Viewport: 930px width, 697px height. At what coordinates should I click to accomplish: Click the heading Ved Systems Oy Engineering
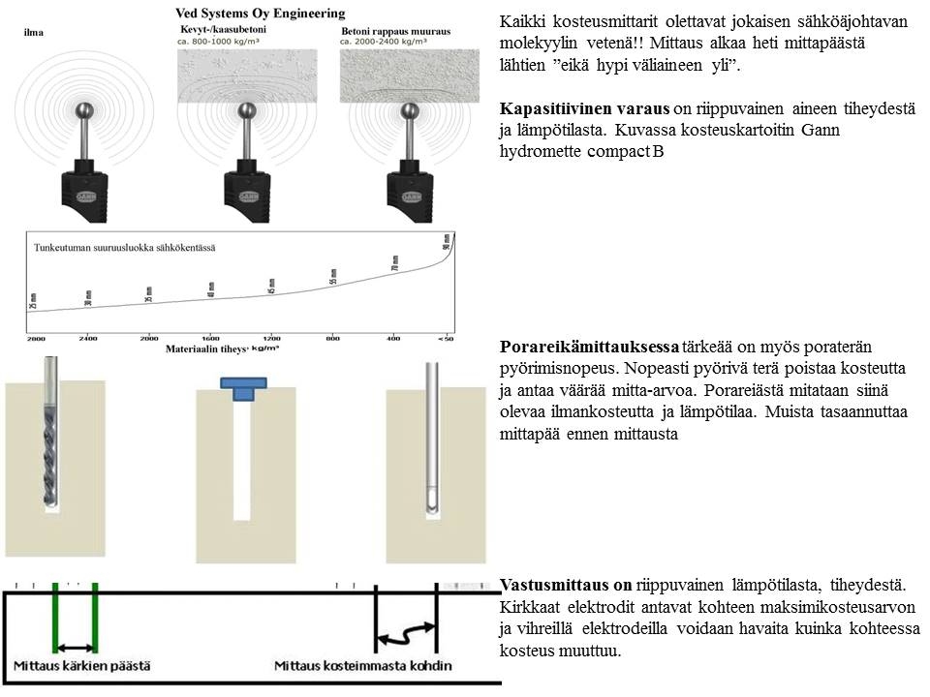pyautogui.click(x=259, y=14)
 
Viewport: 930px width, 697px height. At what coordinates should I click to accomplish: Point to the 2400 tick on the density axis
pyautogui.click(x=88, y=338)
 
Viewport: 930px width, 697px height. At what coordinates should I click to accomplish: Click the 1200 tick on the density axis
pyautogui.click(x=271, y=338)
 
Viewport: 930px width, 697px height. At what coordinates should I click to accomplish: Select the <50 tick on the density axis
pyautogui.click(x=445, y=338)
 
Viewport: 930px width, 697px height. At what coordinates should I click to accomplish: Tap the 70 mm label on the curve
pyautogui.click(x=395, y=262)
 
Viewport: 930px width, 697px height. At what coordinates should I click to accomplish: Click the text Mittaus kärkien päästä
pyautogui.click(x=81, y=666)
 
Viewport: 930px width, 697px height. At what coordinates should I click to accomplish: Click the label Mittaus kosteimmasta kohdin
pyautogui.click(x=362, y=666)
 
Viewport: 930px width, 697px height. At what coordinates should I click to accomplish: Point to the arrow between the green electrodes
pyautogui.click(x=76, y=646)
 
